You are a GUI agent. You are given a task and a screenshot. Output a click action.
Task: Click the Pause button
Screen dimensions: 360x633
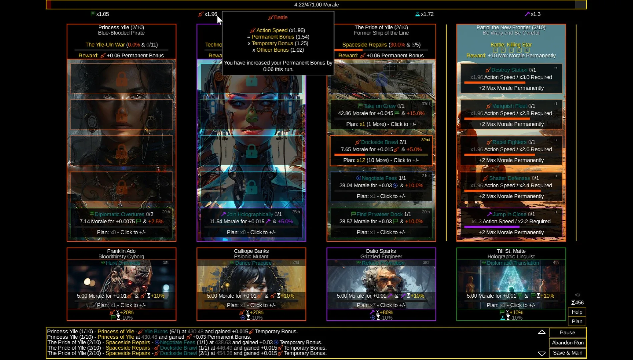pos(567,332)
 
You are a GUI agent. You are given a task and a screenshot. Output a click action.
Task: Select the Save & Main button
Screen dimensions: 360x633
pos(567,353)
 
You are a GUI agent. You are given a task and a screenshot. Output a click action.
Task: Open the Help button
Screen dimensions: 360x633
pos(577,312)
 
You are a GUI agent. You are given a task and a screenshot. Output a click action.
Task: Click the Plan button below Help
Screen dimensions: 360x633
pos(577,321)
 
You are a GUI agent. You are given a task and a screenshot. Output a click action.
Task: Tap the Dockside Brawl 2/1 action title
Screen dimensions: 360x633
pos(384,142)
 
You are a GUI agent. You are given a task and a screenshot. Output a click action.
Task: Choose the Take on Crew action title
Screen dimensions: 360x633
pos(380,106)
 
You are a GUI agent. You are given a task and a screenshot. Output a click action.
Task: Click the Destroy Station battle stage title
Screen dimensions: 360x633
pos(509,70)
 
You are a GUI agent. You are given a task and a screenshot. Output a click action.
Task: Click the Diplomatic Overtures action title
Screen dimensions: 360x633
pos(119,214)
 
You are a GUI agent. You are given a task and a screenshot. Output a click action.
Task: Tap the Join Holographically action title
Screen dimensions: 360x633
pos(250,214)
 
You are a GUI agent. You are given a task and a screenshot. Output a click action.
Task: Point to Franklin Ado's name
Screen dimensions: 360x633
pos(121,251)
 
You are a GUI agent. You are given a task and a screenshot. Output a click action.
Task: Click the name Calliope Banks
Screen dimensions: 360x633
pos(251,251)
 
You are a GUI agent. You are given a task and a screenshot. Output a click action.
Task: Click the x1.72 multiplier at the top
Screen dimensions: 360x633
pos(427,14)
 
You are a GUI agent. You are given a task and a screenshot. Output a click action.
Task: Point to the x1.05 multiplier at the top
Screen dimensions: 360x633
pos(102,14)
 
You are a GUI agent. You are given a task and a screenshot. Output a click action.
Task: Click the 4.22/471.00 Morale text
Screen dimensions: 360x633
pos(316,5)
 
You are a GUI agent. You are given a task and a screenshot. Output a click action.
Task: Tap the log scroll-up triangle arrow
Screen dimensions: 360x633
pos(542,332)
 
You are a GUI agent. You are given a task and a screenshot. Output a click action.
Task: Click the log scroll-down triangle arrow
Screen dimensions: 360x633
pos(542,353)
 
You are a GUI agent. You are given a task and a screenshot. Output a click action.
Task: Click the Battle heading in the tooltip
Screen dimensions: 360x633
pos(280,17)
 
